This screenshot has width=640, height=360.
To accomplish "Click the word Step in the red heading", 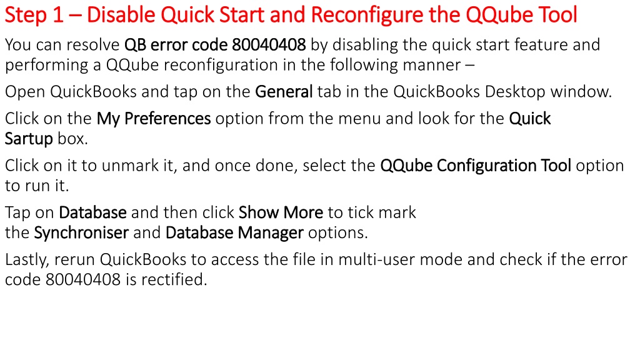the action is coord(26,16).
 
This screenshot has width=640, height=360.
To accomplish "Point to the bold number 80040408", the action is coord(269,44).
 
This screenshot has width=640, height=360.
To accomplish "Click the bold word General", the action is coord(284,91).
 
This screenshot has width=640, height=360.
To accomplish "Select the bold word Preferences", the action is coord(167,118).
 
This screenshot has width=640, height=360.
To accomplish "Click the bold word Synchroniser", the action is coord(81,232).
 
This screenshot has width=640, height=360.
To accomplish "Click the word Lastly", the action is coord(27,260).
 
